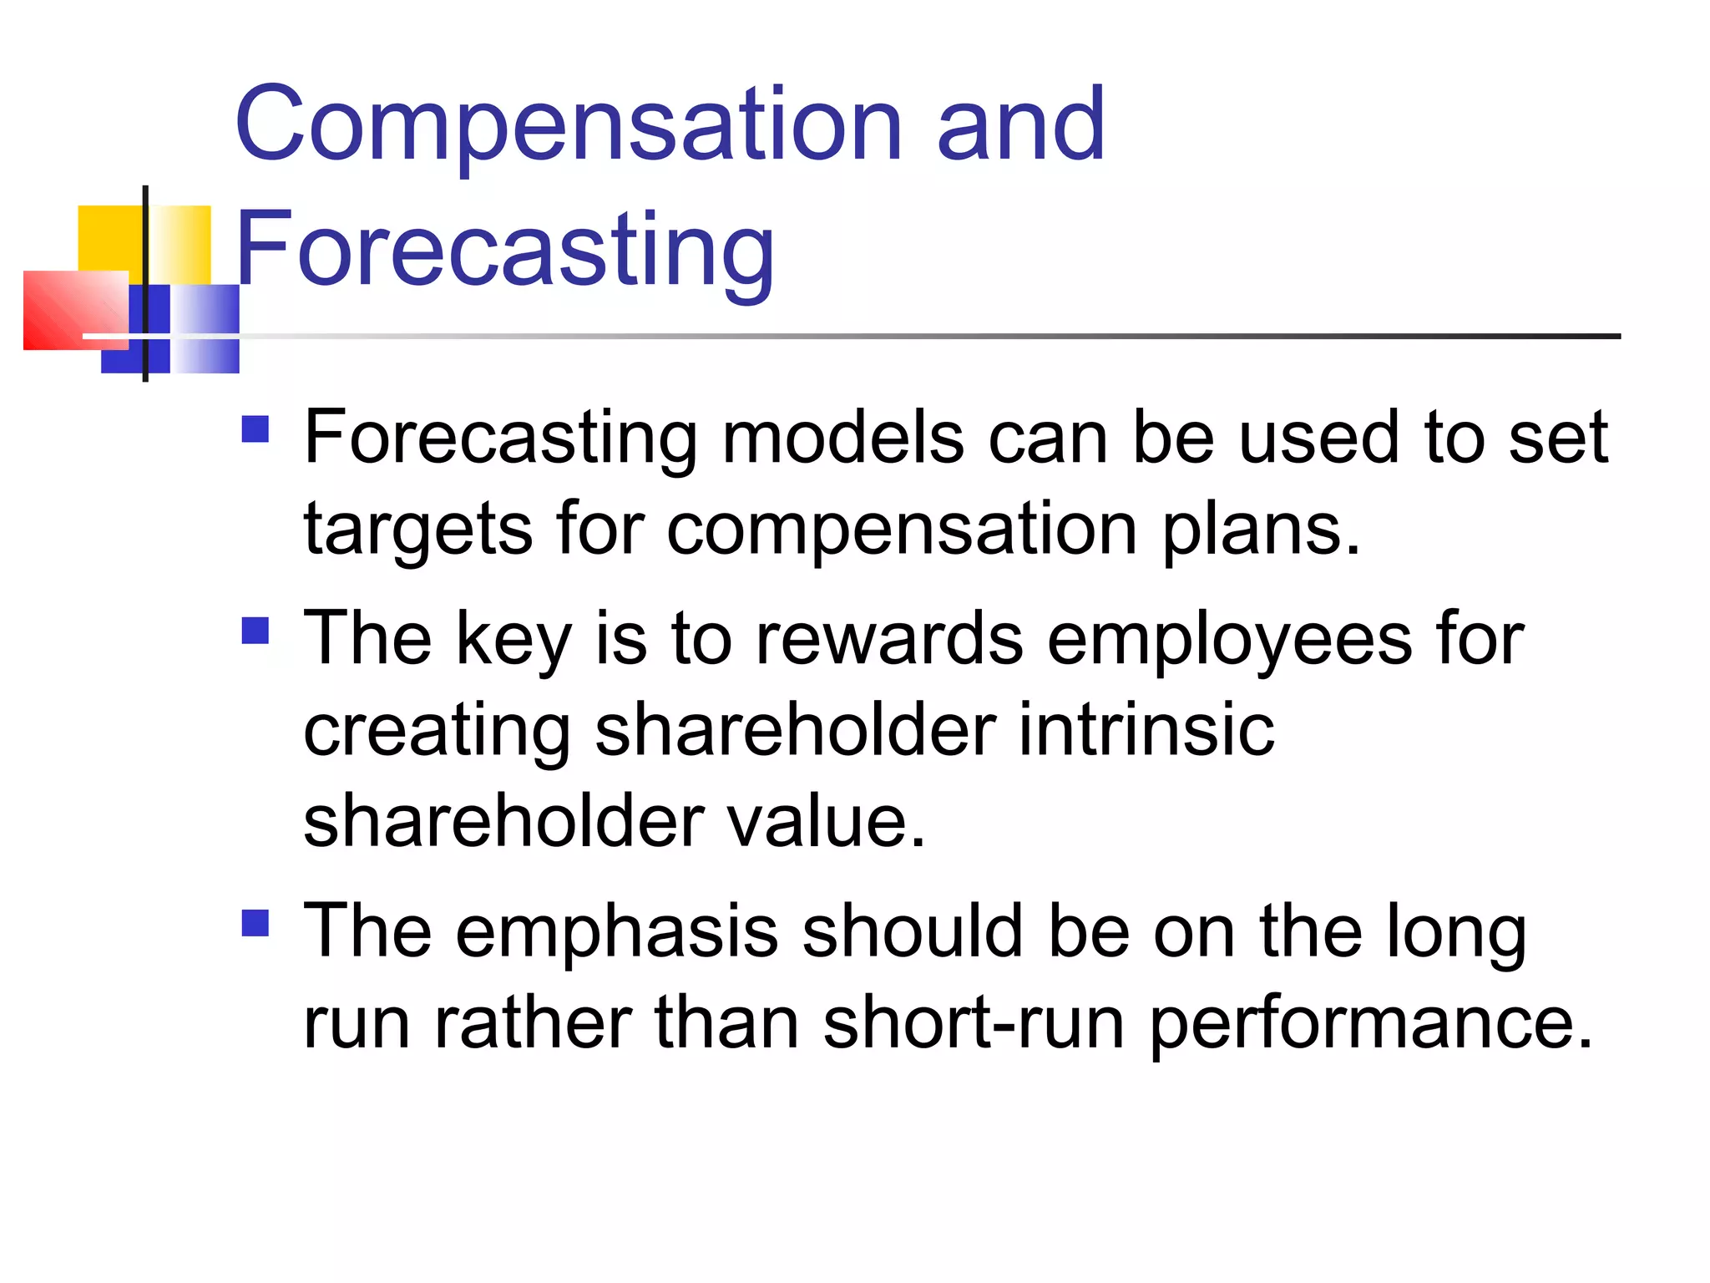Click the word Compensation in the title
568,125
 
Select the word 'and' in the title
1020,125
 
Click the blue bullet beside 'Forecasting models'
255,429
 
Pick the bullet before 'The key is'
255,631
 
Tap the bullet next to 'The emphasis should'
255,923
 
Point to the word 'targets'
417,530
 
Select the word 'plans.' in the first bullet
1262,530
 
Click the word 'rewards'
888,639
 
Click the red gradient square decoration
75,309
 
